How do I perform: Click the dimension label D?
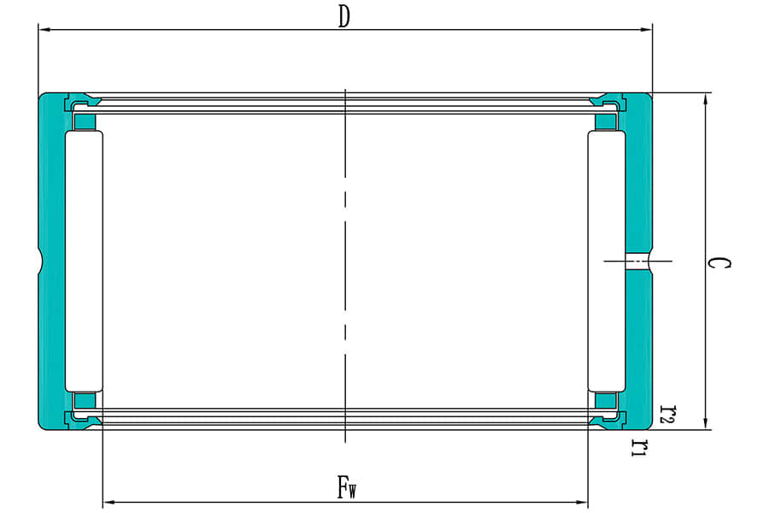[343, 18]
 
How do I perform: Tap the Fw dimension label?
[345, 488]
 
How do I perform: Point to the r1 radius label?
[637, 446]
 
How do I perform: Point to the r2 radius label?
[669, 416]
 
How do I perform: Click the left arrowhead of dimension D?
[43, 30]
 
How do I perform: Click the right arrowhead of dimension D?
[648, 30]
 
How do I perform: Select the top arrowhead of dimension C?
[705, 97]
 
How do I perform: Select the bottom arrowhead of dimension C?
[705, 423]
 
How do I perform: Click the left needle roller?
[84, 261]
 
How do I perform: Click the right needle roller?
[607, 261]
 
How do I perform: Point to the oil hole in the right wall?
[637, 260]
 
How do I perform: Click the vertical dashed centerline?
[344, 256]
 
